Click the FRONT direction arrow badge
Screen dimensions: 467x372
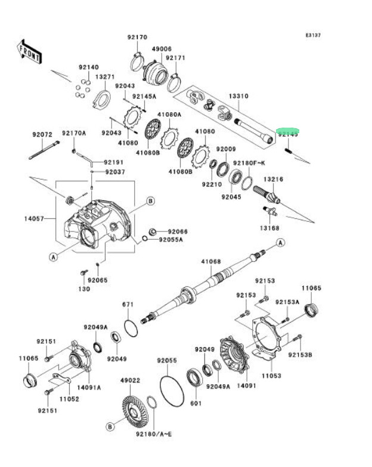[29, 52]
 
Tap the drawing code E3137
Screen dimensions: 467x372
[314, 36]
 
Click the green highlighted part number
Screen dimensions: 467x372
[289, 134]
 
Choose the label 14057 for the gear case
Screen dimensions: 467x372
[34, 219]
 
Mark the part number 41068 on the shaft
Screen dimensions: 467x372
[210, 261]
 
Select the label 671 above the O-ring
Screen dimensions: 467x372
[128, 305]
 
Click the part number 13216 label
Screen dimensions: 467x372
[274, 179]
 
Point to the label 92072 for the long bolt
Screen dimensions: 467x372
[43, 134]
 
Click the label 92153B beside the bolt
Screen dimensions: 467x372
[300, 355]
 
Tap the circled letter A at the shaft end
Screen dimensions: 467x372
[280, 243]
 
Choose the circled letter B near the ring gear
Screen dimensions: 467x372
[110, 426]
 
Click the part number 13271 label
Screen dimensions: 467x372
[105, 77]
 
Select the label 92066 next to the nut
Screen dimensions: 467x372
[177, 231]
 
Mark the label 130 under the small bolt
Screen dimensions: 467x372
[83, 289]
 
